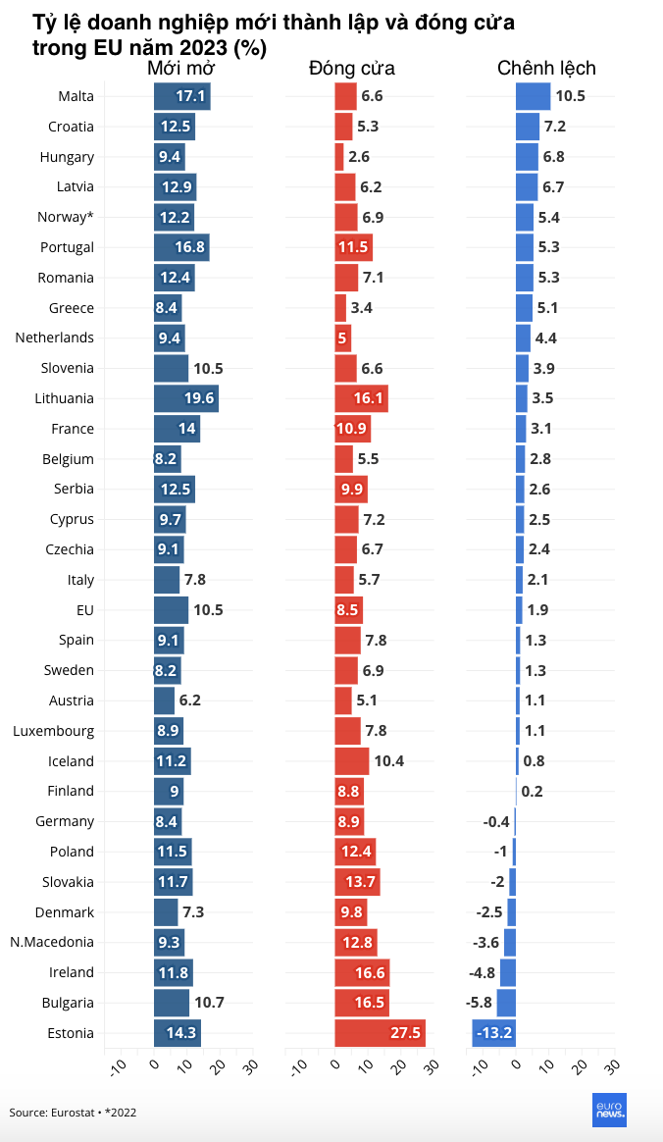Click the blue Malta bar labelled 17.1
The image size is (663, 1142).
(181, 96)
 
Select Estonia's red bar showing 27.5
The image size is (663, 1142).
(380, 1033)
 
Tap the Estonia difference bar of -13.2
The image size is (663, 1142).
(493, 1033)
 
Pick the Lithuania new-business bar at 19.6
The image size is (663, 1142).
(185, 398)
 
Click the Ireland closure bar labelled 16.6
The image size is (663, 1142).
(362, 972)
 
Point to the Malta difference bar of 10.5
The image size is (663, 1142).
(533, 96)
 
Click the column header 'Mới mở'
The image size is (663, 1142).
(180, 68)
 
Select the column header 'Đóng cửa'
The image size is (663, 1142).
(351, 68)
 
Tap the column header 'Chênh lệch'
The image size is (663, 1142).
(546, 68)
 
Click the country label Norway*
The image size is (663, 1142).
(66, 217)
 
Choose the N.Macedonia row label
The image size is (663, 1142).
(52, 942)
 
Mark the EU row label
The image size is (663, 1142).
(84, 610)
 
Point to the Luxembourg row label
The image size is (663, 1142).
(54, 731)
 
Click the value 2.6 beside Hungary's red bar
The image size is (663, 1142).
(359, 157)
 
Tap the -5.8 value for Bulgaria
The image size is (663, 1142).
(479, 1003)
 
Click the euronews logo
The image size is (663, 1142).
(609, 1110)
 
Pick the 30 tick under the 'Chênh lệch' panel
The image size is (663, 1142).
(612, 1065)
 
